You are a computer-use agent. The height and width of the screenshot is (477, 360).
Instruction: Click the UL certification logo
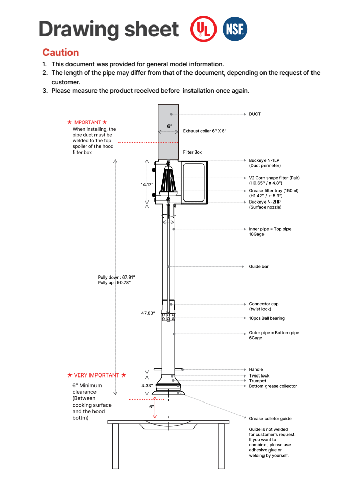202,29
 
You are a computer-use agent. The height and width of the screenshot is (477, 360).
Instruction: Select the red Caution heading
60,52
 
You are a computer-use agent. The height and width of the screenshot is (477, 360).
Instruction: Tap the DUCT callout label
255,114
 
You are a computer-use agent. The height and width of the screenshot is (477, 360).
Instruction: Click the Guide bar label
258,267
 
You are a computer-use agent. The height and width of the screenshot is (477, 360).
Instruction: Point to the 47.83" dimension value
148,313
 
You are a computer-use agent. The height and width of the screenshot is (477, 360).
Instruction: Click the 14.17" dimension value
147,184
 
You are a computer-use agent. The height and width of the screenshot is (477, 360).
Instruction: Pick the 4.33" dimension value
147,386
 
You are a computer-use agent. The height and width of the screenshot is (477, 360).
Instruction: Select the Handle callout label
256,369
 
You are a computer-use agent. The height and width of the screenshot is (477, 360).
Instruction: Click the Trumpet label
257,381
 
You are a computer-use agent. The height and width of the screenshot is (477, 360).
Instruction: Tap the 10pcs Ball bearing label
267,318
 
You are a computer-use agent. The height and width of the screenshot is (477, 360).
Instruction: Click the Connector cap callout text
263,304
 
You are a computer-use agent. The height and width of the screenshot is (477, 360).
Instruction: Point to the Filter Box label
193,152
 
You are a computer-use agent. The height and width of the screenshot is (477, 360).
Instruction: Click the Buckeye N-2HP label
264,202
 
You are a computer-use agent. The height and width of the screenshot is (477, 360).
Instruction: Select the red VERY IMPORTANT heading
97,375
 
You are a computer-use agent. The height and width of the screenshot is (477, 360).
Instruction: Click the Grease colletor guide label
270,419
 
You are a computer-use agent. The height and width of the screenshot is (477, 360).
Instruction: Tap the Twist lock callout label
259,375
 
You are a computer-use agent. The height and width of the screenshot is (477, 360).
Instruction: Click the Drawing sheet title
109,29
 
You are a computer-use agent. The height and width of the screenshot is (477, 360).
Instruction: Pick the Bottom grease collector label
273,386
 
